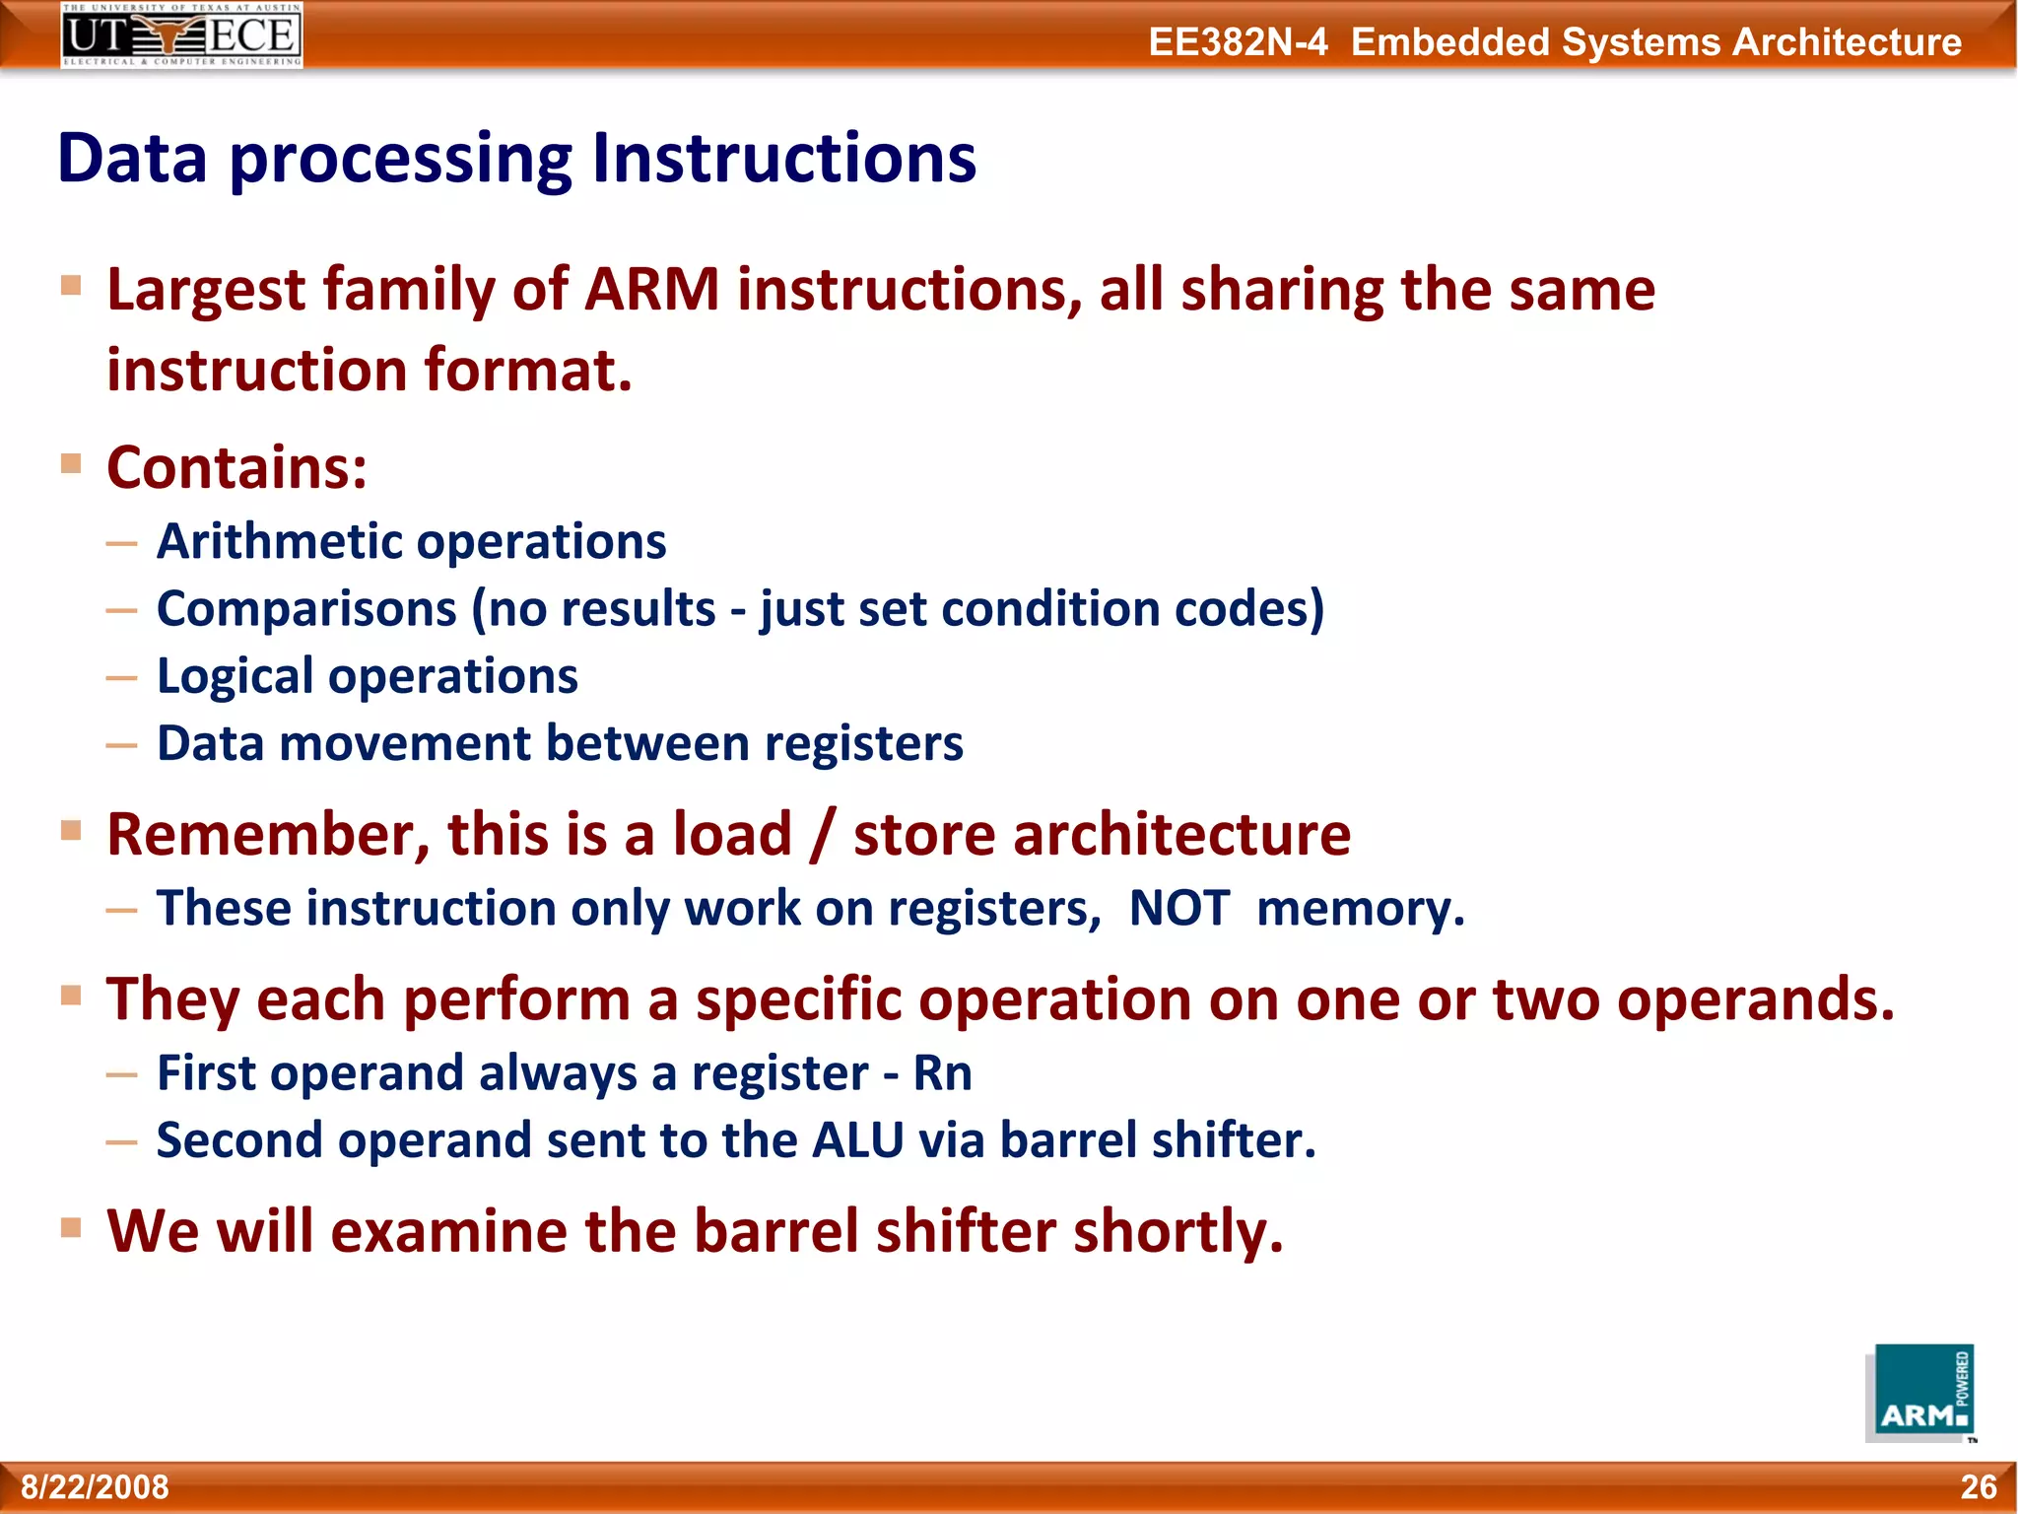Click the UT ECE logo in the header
181,34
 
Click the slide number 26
1978,1487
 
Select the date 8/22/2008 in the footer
96,1487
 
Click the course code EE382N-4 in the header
1238,42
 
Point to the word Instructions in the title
783,159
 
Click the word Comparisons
305,609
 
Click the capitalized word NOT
1178,908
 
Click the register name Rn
942,1073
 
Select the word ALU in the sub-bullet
857,1140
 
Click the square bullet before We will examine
71,1227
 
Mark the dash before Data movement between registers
121,746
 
